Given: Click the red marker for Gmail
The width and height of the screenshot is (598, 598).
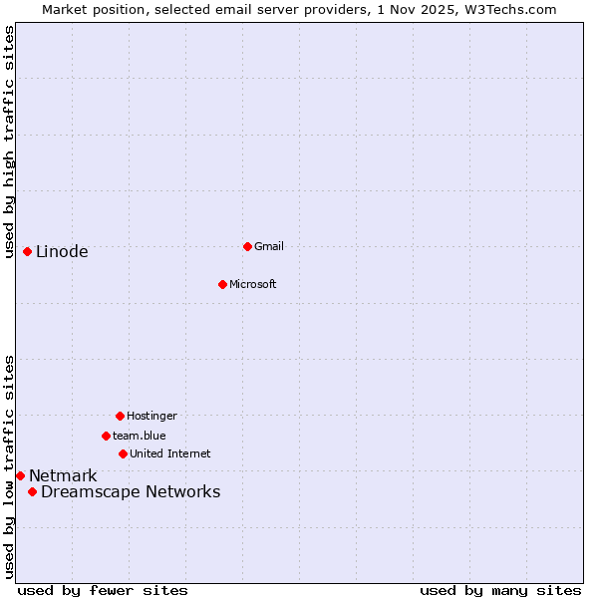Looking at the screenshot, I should pos(247,246).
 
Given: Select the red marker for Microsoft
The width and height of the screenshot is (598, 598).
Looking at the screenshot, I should pos(222,284).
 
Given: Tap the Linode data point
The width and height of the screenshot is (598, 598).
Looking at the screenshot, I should pos(27,251).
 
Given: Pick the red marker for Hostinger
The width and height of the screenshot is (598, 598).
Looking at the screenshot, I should pos(120,416).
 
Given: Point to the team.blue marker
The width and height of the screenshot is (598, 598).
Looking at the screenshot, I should pos(106,436).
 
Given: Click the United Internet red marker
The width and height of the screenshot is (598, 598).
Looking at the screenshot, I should pos(123,453).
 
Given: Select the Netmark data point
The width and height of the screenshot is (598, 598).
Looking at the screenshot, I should pos(20,475).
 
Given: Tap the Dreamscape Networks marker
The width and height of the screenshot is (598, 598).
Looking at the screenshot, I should pos(32,491).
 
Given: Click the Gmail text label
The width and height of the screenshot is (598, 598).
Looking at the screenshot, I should pos(269,246).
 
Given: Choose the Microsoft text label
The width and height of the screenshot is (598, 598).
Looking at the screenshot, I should pos(253,284).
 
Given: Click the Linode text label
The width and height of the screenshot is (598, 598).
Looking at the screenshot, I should pos(62,251).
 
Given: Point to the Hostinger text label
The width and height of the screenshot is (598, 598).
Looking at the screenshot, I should pos(151,416).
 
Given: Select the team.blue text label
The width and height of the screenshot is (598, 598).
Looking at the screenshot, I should pos(140,436).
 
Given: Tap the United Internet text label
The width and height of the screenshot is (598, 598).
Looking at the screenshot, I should pos(170,453).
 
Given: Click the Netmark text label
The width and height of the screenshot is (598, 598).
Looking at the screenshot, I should pos(63,475).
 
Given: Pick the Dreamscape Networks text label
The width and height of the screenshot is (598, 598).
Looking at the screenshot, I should pos(131,491).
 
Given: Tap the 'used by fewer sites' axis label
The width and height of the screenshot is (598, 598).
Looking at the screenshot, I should pos(103,590).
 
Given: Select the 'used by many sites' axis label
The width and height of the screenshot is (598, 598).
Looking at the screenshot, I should pos(500,590).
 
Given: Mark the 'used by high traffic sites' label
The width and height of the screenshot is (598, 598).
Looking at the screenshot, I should pos(9,142).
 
